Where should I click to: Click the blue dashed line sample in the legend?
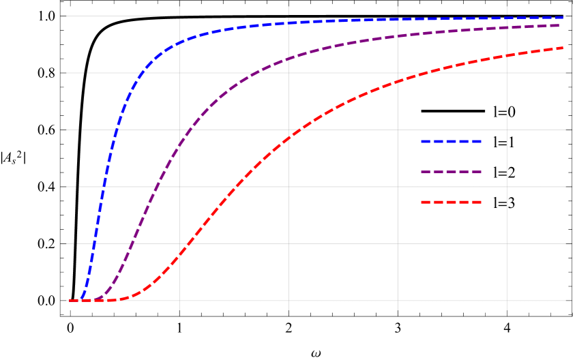(x=451, y=141)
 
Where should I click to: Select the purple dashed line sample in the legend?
(x=451, y=172)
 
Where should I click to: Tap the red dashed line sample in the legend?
(x=451, y=202)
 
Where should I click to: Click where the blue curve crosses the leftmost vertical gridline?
(x=179, y=43)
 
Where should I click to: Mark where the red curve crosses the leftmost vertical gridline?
(x=179, y=254)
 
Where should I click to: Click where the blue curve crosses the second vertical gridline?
(x=289, y=23)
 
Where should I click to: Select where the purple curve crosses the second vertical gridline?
(x=289, y=59)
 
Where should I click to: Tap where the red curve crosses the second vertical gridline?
(x=289, y=138)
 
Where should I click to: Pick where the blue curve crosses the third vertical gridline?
(x=398, y=20)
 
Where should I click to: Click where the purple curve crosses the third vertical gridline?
(x=398, y=36)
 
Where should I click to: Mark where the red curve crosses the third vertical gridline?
(x=398, y=82)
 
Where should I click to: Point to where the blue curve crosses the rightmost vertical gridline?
(x=507, y=18)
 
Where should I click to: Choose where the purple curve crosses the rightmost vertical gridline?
(x=507, y=28)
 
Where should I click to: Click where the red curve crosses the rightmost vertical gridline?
(x=507, y=56)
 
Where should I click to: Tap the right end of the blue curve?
(x=565, y=18)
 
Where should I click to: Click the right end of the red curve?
(x=563, y=48)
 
